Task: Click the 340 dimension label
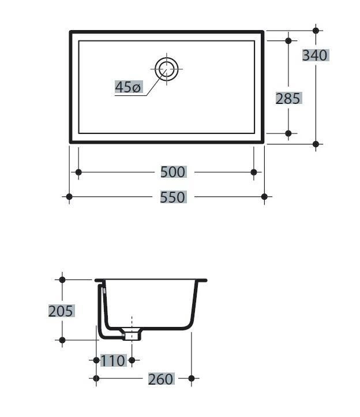(315, 55)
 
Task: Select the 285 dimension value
(288, 99)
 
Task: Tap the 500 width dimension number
(173, 172)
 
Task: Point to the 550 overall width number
(172, 197)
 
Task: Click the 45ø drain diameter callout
(127, 87)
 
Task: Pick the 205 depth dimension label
(61, 311)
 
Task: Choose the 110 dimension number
(113, 360)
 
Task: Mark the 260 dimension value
(161, 379)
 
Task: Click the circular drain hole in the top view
(167, 69)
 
